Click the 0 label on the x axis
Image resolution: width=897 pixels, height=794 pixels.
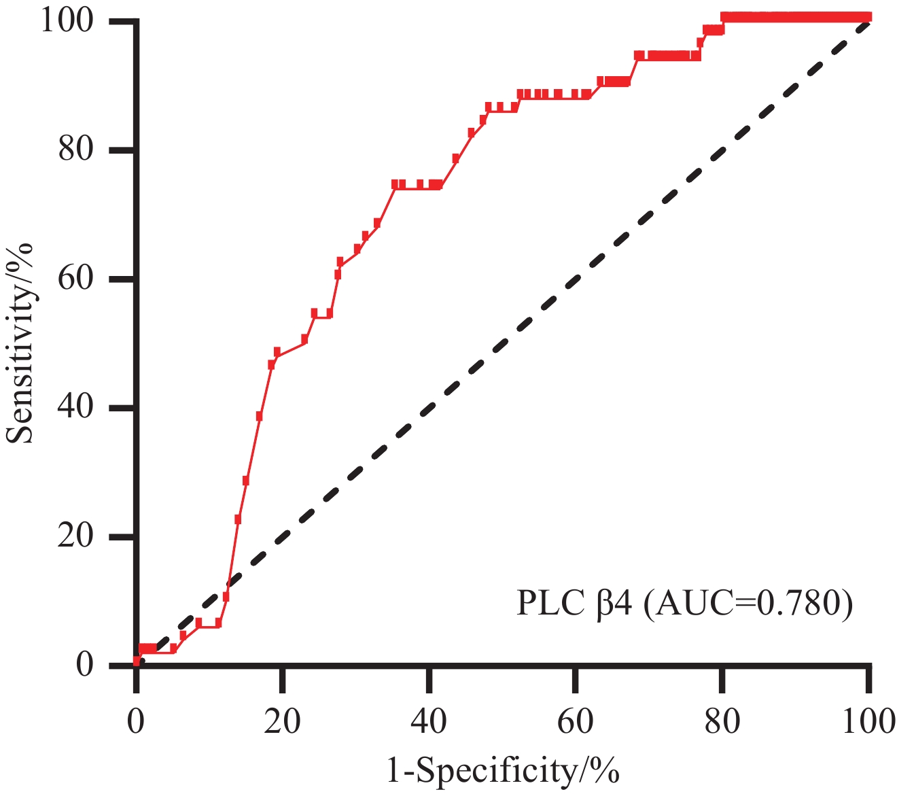(x=137, y=721)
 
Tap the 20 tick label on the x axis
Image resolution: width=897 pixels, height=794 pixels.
(x=283, y=721)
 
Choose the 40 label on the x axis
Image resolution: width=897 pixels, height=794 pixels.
(x=429, y=721)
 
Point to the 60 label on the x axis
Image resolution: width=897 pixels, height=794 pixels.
(x=576, y=721)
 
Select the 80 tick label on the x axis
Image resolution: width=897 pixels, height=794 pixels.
(x=722, y=721)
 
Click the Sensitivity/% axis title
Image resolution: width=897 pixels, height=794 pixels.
(x=20, y=343)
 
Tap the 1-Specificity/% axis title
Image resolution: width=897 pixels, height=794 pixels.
(x=503, y=771)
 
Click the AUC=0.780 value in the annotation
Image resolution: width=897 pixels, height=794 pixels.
(x=747, y=603)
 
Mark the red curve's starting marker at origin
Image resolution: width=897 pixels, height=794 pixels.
(x=137, y=661)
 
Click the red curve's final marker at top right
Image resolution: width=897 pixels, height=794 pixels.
(x=867, y=17)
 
